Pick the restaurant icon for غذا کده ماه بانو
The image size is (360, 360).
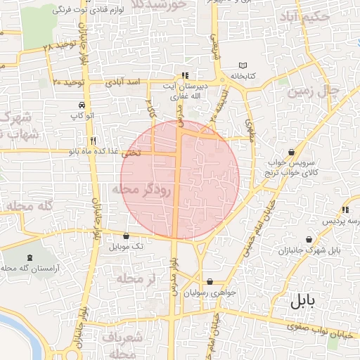pos(94,140)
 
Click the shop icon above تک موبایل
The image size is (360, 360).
pos(126,237)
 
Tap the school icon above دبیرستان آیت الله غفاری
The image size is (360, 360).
pos(185,75)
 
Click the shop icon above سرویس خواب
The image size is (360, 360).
pos(291,152)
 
